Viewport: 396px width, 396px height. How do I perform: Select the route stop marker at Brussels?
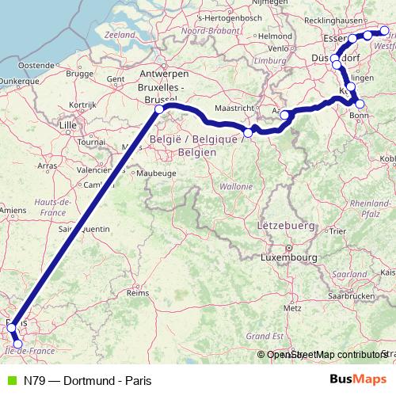(x=160, y=109)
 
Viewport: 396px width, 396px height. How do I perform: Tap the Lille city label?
(x=70, y=125)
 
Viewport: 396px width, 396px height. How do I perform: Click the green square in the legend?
(x=10, y=380)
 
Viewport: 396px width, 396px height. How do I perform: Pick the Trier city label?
(x=337, y=231)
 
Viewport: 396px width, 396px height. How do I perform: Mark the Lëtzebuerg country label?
(x=281, y=226)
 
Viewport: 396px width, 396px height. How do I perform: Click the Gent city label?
(x=116, y=79)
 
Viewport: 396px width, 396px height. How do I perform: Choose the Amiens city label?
(x=12, y=210)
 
